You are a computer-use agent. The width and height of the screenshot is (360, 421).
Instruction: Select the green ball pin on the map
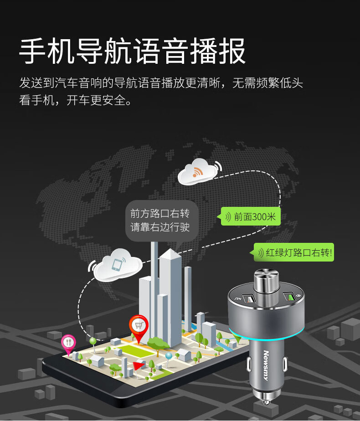pyautogui.click(x=93, y=340)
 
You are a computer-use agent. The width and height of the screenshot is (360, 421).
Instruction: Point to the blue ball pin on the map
pyautogui.click(x=169, y=355)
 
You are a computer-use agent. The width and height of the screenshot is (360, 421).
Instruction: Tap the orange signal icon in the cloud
pyautogui.click(x=197, y=172)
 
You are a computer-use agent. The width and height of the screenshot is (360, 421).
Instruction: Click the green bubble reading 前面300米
pyautogui.click(x=251, y=217)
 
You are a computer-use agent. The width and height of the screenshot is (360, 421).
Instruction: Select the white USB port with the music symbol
pyautogui.click(x=248, y=299)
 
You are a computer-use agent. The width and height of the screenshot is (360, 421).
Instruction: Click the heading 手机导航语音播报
pyautogui.click(x=132, y=51)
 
